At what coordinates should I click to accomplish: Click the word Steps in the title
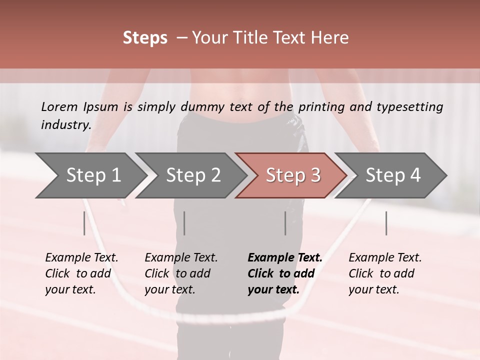(x=145, y=38)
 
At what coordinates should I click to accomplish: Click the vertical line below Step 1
(x=84, y=223)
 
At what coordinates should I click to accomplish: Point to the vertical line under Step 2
(x=184, y=223)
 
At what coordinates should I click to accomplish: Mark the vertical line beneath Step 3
(x=285, y=223)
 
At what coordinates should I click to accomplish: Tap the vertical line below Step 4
(x=386, y=223)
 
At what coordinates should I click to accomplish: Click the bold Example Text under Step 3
(x=285, y=273)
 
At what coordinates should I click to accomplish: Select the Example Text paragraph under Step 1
(x=81, y=273)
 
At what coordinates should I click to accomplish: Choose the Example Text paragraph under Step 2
(x=181, y=273)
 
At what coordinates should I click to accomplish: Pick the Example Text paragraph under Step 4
(x=385, y=273)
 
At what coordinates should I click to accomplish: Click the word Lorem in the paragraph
(x=59, y=106)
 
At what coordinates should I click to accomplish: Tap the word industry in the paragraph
(x=65, y=125)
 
